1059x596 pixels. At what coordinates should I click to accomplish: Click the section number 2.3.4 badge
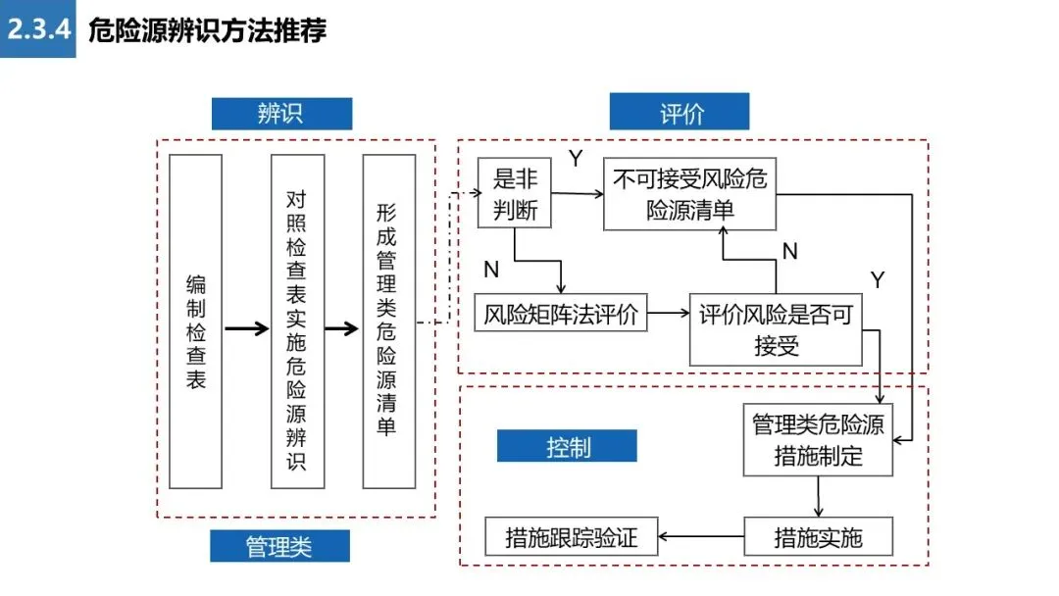[38, 29]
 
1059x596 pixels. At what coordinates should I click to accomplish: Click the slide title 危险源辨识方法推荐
[207, 30]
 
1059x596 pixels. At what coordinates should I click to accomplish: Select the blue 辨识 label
[281, 114]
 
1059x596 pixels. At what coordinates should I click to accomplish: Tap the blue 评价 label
[680, 112]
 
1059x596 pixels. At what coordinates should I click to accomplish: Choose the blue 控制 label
[567, 446]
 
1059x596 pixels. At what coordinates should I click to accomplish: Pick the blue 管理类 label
[279, 546]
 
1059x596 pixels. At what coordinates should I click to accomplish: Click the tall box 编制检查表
[195, 322]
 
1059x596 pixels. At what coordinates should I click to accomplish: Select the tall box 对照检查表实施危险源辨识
[297, 322]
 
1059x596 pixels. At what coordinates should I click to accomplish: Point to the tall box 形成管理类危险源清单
[389, 322]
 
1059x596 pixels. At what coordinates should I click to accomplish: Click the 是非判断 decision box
[515, 193]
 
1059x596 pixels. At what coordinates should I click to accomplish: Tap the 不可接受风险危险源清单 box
[689, 194]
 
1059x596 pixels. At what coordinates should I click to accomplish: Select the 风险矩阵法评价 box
[561, 313]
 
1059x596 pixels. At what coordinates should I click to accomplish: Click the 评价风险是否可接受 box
[776, 329]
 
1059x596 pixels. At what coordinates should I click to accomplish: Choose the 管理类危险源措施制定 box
[818, 440]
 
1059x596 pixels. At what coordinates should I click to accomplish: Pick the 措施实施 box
[818, 536]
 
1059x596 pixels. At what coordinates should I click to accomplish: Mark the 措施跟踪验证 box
[572, 536]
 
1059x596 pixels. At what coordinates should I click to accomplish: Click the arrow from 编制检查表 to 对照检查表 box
[246, 328]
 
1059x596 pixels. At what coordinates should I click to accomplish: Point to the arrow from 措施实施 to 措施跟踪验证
[701, 536]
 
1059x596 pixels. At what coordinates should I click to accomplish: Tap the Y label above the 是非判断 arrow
[576, 158]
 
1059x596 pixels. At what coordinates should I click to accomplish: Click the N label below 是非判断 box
[491, 270]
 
